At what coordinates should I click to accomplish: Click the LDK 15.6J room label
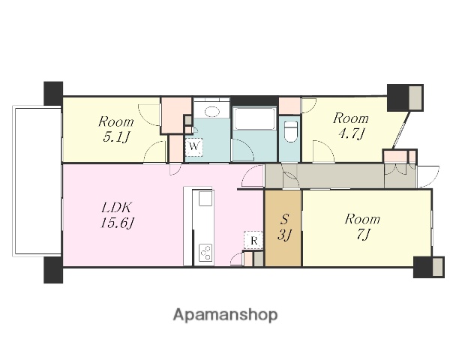(x=118, y=215)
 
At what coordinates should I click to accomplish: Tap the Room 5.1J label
(x=116, y=130)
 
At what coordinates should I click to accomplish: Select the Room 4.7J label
(x=351, y=126)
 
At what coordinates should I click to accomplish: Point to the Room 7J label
(x=362, y=226)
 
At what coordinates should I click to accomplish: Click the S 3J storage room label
(x=283, y=227)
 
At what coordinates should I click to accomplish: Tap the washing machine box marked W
(x=193, y=147)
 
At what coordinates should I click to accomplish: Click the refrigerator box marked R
(x=253, y=240)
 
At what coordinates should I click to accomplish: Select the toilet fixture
(x=290, y=131)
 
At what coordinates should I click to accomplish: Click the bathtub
(x=254, y=118)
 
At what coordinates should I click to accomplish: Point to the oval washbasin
(x=211, y=112)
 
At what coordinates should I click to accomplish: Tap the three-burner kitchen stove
(x=205, y=253)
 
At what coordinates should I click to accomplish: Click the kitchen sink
(x=205, y=199)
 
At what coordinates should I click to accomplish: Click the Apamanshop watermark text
(x=225, y=315)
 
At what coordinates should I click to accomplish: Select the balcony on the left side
(x=37, y=181)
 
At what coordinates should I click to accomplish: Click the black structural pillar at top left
(x=53, y=93)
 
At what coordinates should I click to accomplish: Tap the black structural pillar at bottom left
(x=53, y=270)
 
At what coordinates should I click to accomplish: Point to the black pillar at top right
(x=397, y=97)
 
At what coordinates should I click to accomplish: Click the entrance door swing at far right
(x=428, y=176)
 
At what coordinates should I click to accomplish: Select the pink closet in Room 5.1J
(x=176, y=115)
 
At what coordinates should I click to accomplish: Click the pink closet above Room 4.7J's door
(x=289, y=106)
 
